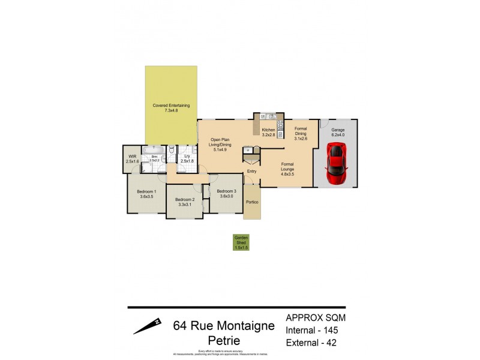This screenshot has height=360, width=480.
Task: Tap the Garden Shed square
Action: (241, 242)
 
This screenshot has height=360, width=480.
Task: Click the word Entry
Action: (252, 172)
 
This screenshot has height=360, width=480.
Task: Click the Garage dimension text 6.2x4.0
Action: (338, 135)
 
